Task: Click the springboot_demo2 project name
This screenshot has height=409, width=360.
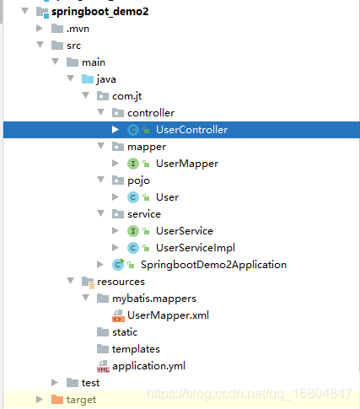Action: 99,12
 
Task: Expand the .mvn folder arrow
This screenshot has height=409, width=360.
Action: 40,29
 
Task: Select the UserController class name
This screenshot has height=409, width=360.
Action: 191,130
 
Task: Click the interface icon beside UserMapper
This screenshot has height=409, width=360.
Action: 133,164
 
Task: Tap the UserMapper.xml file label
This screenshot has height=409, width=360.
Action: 168,315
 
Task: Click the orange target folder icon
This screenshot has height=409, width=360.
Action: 57,399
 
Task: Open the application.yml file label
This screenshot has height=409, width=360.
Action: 148,366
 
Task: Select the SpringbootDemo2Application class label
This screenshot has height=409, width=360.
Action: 213,265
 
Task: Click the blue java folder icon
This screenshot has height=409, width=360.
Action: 88,79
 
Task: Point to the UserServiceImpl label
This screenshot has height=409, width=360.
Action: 196,248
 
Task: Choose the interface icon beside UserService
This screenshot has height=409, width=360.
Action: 133,231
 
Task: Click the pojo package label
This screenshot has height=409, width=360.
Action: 138,180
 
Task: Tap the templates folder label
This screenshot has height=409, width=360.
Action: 136,349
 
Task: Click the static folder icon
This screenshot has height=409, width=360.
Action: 103,332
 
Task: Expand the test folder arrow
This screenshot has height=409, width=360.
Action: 55,382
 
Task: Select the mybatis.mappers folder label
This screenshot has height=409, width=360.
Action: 154,299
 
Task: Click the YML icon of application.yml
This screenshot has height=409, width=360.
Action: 103,367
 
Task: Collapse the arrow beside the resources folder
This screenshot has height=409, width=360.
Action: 70,281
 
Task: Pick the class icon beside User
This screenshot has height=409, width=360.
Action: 133,197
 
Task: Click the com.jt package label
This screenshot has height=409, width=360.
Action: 126,96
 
